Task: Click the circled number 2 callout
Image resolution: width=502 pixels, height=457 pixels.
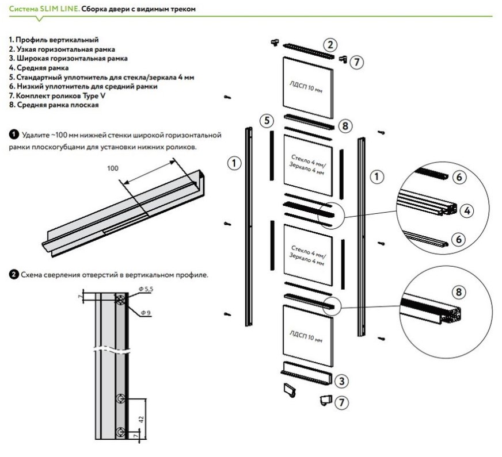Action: click(329, 45)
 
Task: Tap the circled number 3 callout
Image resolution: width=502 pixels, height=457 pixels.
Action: click(341, 381)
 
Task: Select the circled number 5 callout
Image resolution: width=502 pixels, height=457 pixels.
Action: click(265, 121)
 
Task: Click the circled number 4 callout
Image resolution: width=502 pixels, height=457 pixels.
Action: click(467, 211)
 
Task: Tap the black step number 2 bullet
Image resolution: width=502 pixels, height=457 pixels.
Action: click(13, 275)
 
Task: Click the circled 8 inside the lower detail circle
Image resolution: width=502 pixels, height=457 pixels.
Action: click(459, 292)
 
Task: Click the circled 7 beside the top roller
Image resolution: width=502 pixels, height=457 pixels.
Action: click(357, 63)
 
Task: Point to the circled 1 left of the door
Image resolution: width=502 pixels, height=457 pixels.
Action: click(233, 164)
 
